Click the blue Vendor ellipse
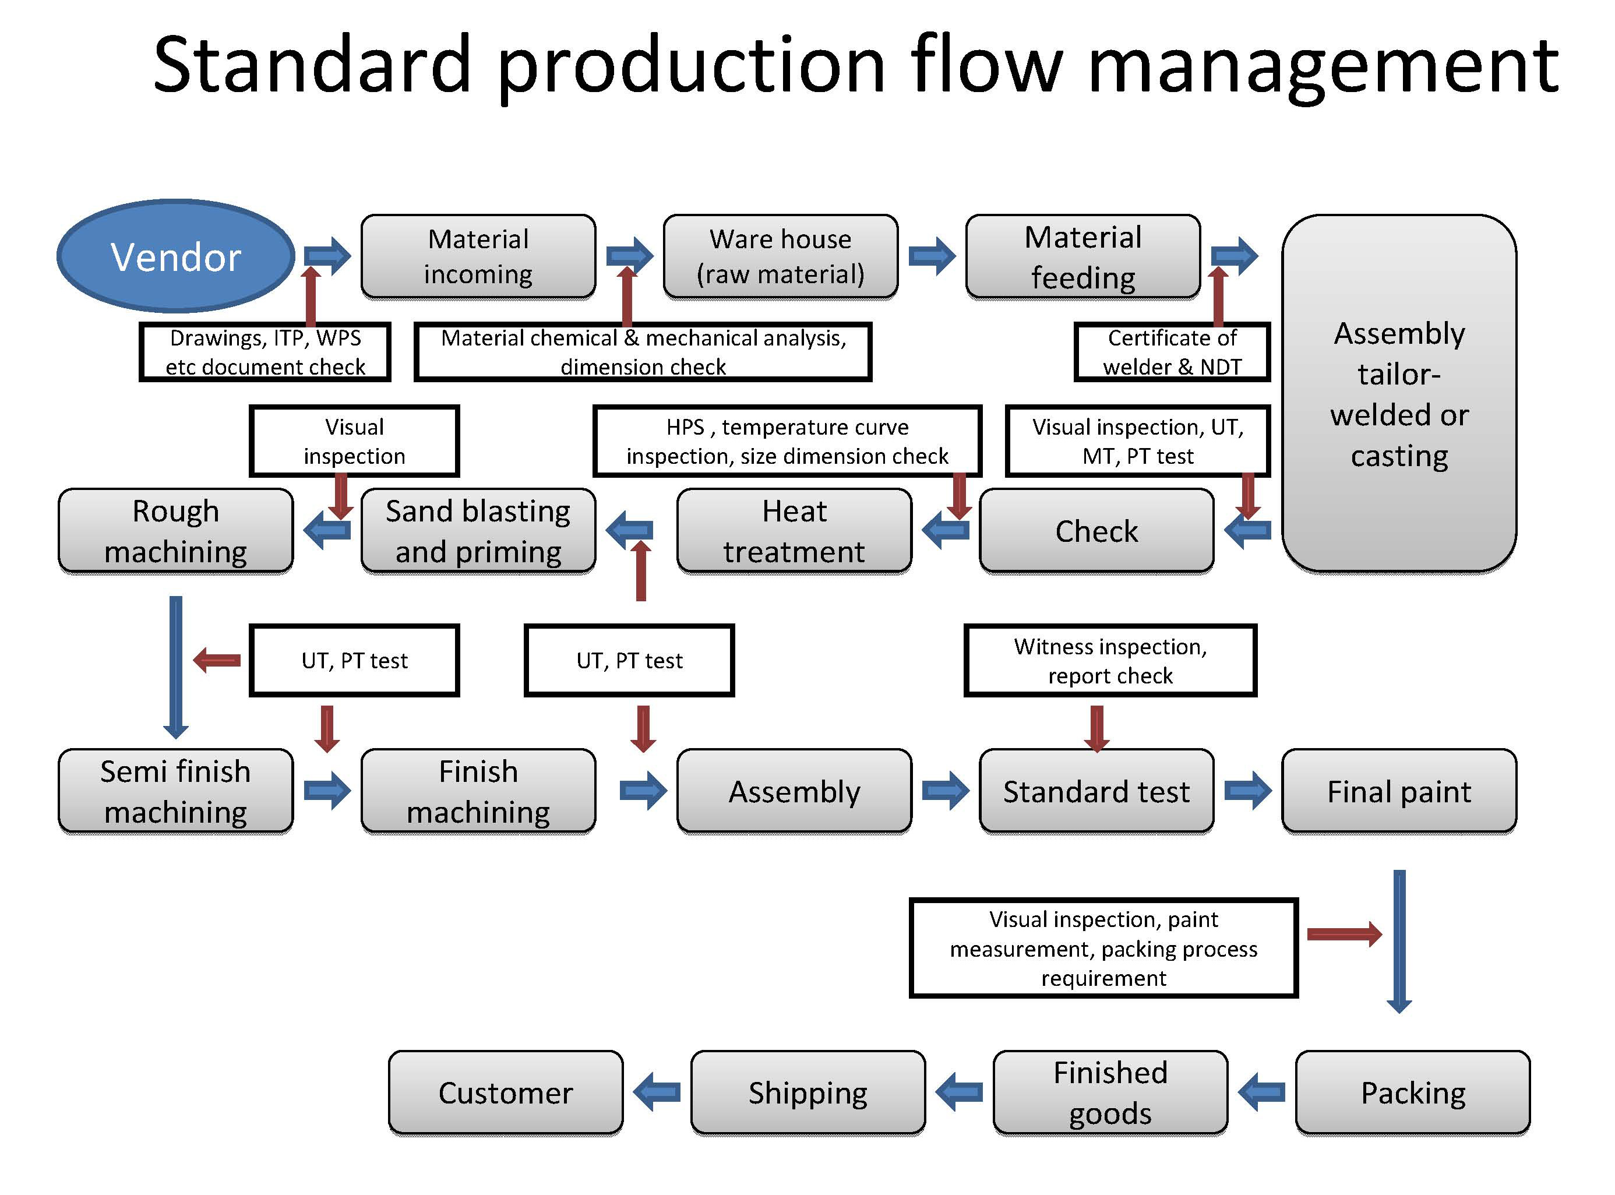click(176, 256)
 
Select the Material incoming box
click(478, 256)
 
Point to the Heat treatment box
click(794, 531)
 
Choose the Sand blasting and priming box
click(478, 531)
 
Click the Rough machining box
click(176, 531)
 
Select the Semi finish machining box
click(176, 791)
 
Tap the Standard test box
click(1096, 791)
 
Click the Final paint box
click(1399, 791)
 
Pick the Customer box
click(506, 1092)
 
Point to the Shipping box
click(808, 1092)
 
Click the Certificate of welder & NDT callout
click(1172, 351)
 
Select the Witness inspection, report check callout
click(1110, 661)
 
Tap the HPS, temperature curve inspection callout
click(787, 441)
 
